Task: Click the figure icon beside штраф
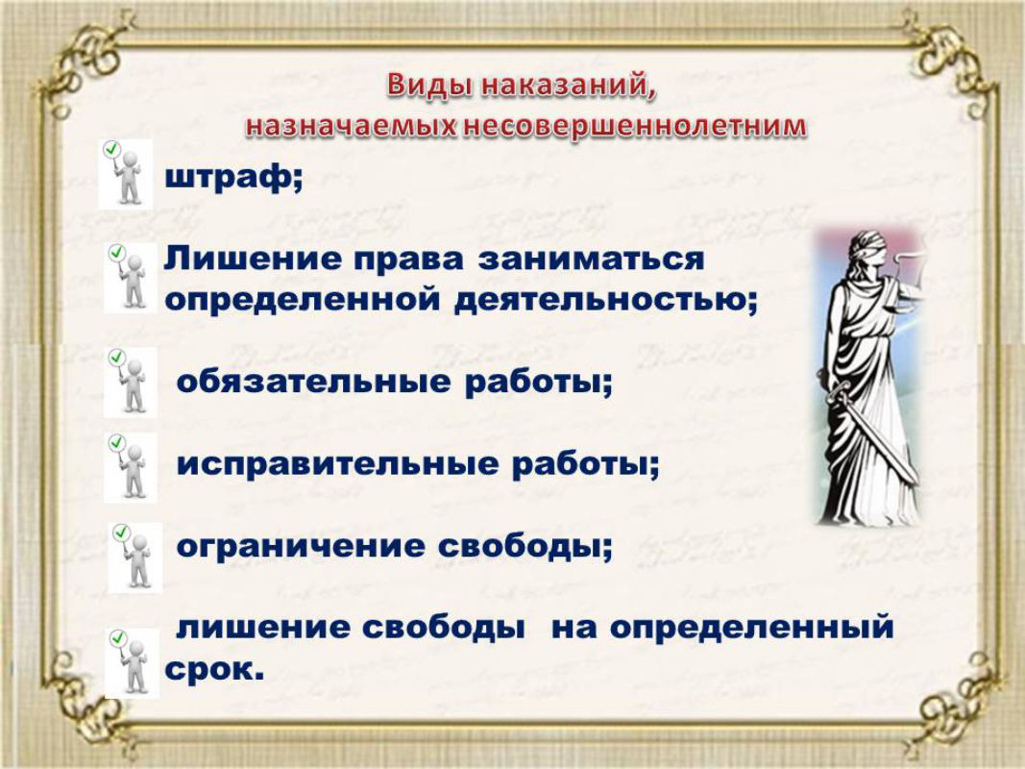point(125,174)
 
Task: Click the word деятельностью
point(605,301)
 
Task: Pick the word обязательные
point(314,383)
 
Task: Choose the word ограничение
point(301,546)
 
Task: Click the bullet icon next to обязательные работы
point(131,383)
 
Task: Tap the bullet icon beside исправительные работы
point(131,467)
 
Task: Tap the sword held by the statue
point(870,429)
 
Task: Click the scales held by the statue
point(911,275)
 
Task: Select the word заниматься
point(592,259)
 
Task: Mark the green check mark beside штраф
point(111,149)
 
